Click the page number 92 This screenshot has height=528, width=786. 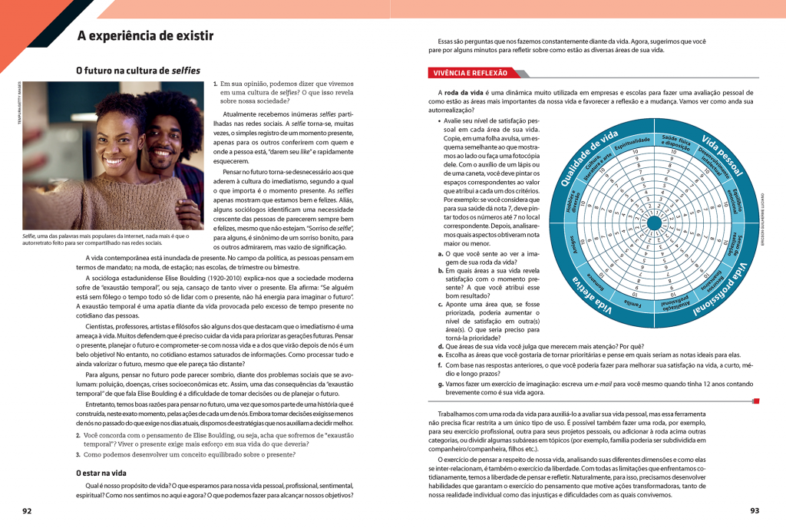coord(27,511)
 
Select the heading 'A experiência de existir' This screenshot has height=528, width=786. coord(147,36)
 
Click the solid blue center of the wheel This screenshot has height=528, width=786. coord(655,220)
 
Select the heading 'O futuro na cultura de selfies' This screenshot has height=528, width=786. coord(138,71)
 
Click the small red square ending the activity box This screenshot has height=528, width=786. coord(756,401)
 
